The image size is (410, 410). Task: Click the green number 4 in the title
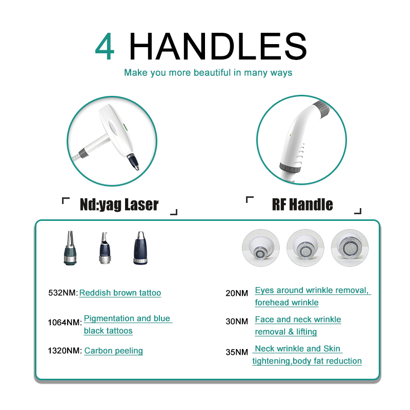point(105,47)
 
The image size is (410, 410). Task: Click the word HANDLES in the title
point(218,47)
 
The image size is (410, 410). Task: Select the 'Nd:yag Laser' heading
point(119,205)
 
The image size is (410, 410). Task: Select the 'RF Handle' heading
point(302,205)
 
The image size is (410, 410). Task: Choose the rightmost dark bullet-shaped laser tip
point(138,248)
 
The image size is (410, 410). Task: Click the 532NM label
point(63,293)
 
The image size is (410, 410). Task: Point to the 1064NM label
point(65,323)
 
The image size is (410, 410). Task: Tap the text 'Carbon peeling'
point(114,351)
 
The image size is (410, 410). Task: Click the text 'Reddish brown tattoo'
point(120,293)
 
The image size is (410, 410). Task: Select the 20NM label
point(237,294)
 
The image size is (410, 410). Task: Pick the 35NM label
point(237,353)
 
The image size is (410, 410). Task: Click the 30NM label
point(237,322)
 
